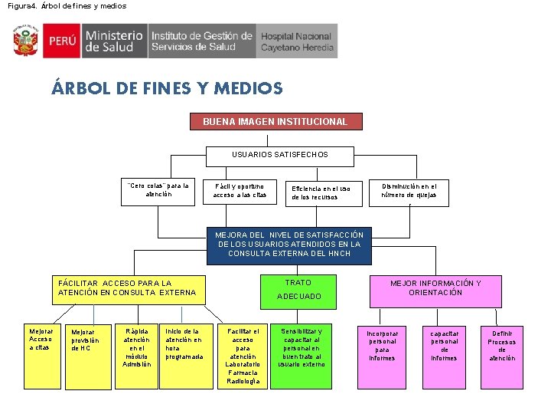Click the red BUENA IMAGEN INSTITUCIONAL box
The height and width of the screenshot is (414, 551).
point(275,121)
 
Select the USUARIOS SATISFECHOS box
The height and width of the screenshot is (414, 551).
point(280,155)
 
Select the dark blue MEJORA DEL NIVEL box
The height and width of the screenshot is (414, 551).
point(289,244)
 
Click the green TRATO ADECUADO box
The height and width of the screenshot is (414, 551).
point(298,289)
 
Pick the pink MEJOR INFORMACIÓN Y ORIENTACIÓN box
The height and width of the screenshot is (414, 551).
point(435,287)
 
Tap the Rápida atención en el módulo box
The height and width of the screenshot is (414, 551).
point(136,347)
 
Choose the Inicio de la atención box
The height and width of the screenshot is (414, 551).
point(184,343)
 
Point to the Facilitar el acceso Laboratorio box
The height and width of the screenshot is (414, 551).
point(243,356)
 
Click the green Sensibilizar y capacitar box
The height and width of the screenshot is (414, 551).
point(301,347)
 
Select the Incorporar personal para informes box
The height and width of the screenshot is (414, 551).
point(382,345)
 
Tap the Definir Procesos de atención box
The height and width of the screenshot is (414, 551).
point(502,345)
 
